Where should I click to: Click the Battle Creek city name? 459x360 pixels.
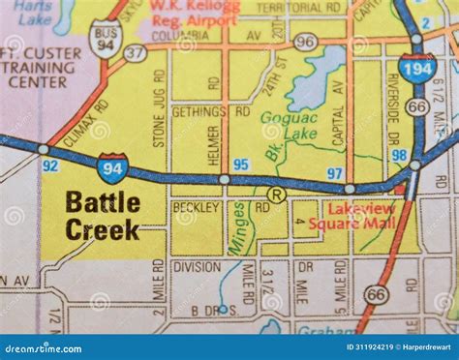click(x=103, y=216)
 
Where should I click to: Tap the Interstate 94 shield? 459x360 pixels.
click(x=112, y=168)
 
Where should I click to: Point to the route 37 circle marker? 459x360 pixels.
click(x=136, y=52)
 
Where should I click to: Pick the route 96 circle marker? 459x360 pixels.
click(x=305, y=41)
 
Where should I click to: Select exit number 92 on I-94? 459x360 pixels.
click(x=50, y=165)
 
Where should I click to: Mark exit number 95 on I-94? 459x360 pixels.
click(x=241, y=165)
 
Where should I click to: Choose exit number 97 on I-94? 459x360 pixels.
click(x=334, y=173)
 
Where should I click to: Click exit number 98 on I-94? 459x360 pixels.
click(x=398, y=155)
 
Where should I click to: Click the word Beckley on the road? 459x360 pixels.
click(x=197, y=205)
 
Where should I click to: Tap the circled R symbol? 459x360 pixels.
click(x=277, y=195)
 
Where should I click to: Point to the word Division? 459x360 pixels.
click(x=197, y=266)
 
